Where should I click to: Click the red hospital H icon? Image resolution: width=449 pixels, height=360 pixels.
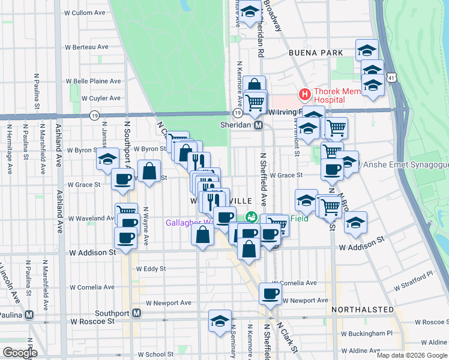(304, 94)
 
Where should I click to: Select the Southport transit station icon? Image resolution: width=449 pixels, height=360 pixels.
(137, 313)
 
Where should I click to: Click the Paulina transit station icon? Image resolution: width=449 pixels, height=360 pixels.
(29, 315)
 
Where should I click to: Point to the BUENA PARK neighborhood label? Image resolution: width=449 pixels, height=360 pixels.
(311, 53)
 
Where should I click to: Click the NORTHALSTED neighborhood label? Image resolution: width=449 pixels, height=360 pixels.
(363, 310)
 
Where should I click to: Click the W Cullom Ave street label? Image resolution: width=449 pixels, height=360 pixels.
(85, 13)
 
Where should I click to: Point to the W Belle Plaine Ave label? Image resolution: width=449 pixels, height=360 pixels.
(93, 81)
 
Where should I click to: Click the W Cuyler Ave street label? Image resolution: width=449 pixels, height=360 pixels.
(101, 98)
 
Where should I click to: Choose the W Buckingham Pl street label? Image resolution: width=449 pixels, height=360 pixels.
(367, 333)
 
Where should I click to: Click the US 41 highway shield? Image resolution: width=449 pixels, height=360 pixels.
(391, 78)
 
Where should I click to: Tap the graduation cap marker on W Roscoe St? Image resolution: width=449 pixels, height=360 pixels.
(220, 322)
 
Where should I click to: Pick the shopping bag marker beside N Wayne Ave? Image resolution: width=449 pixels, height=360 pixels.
(149, 171)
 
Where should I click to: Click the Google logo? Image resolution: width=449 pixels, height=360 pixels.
(20, 353)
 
